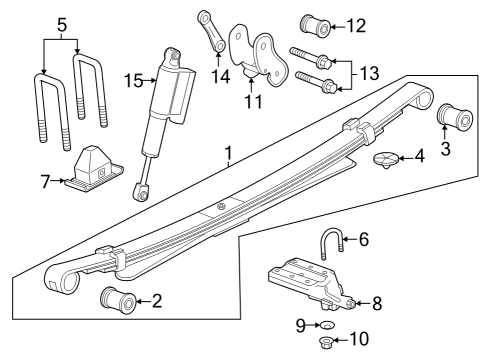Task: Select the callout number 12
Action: (x=355, y=24)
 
